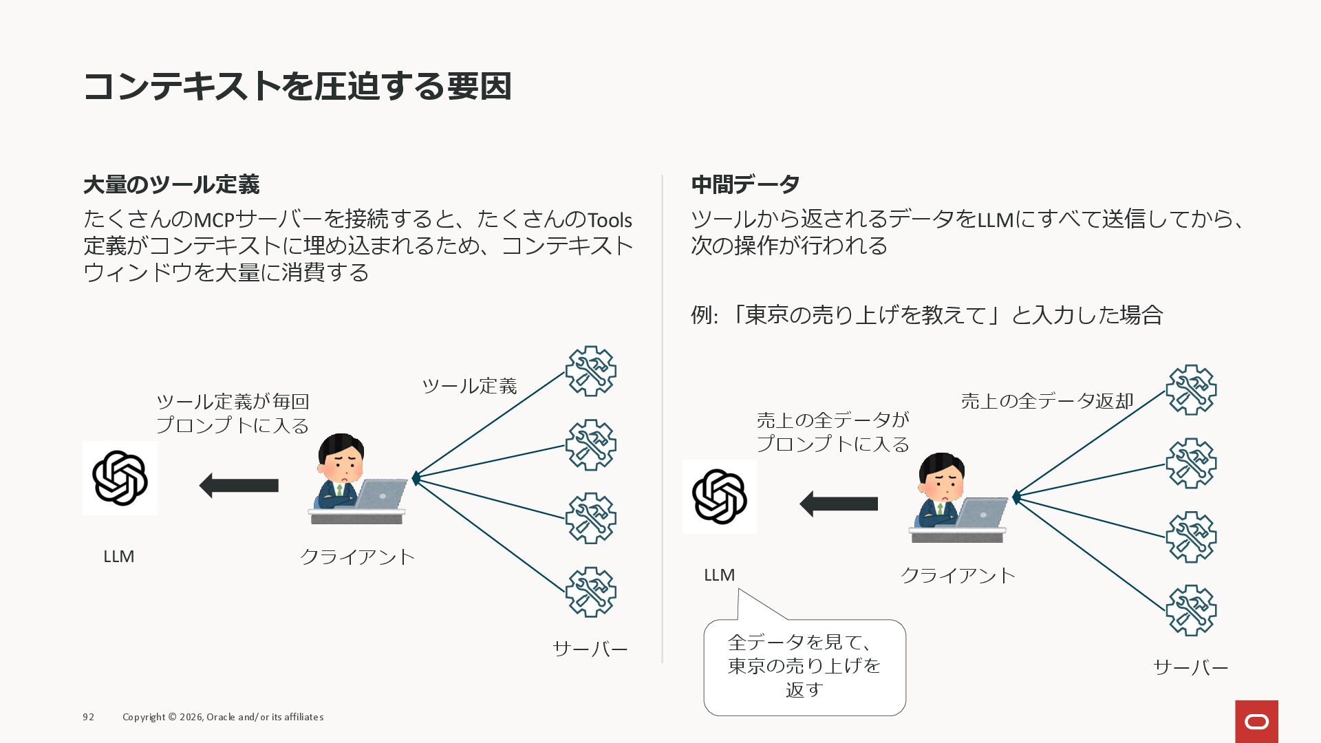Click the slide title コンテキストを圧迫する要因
[297, 87]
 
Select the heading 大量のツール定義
[171, 184]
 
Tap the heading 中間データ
[745, 184]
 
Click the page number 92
[88, 717]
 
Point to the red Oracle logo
[1256, 722]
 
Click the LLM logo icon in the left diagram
[120, 478]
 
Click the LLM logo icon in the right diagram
[720, 497]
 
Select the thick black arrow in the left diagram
[239, 486]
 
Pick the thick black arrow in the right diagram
[839, 504]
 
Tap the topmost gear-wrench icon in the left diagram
[590, 371]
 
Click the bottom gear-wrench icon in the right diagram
[1191, 610]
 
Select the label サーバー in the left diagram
[590, 649]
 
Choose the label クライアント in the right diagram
[958, 575]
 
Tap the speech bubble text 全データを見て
[804, 643]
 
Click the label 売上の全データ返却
[1046, 400]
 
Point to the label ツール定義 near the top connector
[469, 386]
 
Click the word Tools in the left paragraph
[610, 220]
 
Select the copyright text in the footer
[223, 717]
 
